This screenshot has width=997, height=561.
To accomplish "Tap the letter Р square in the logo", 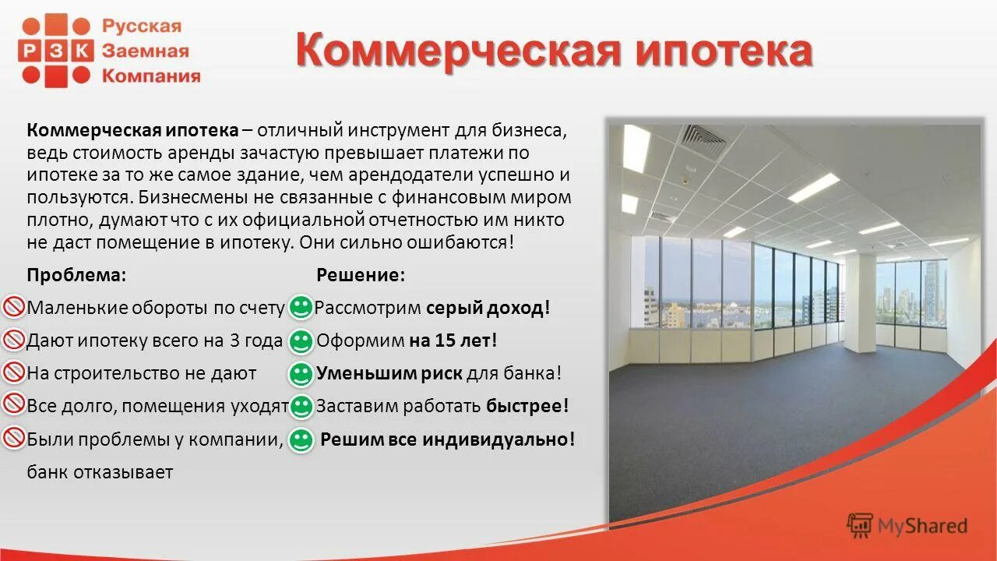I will coord(32,51).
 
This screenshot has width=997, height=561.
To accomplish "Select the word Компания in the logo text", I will coord(151,76).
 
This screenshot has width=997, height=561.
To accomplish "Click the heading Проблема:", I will coord(76,275).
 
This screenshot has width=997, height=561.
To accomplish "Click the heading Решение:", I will coord(360,275).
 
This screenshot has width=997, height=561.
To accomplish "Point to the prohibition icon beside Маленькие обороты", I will coord(15,307).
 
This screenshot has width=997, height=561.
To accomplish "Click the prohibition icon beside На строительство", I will coord(15,373).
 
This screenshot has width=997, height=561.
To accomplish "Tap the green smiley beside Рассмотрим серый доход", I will coord(300,307).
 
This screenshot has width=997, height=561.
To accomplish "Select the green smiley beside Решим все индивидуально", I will coord(300,439).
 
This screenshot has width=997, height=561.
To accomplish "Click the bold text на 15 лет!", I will coord(453,340).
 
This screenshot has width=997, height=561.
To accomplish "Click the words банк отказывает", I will coord(100,471).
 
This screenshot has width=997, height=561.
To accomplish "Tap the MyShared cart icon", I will coord(860,526).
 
